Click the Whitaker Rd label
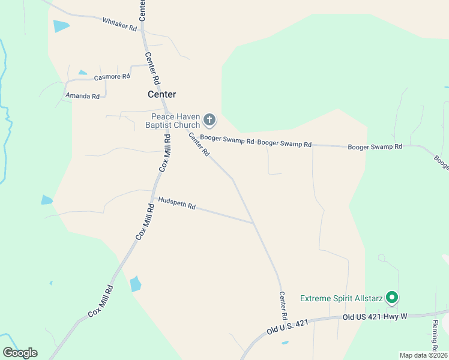pos(119,24)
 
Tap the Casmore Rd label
pos(112,77)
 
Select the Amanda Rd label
pos(82,96)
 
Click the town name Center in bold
pos(162,94)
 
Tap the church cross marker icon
pos(209,120)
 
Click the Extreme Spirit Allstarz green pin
pos(392,297)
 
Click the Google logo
pos(20,353)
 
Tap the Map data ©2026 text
pos(423,355)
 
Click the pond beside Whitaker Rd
pos(61,26)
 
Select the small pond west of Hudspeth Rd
pos(47,200)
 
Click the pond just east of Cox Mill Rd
pos(136,284)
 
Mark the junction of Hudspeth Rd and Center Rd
pos(253,223)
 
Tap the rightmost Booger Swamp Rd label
pos(375,146)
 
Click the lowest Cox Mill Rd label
pos(100,302)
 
